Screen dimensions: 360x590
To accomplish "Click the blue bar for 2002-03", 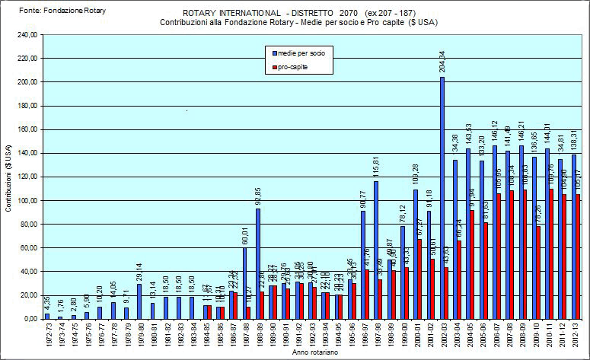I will (442, 198).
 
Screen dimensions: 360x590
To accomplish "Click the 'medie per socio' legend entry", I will (301, 53).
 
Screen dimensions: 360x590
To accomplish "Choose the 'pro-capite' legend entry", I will (293, 67).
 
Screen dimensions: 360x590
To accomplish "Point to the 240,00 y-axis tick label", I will (27, 35).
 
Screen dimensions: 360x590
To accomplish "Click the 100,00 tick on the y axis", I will (27, 200).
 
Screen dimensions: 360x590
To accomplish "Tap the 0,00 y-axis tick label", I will (30, 319).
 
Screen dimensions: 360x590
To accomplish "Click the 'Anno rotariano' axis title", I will (311, 353).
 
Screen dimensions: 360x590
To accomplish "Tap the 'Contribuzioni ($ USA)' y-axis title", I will (8, 177).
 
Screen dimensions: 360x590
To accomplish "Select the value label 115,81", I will (376, 167).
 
